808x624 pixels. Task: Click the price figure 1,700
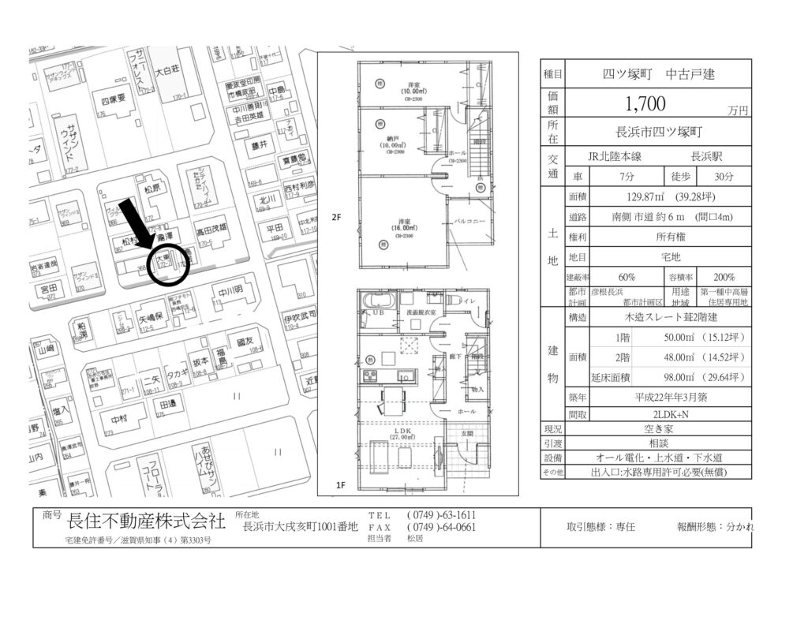click(x=645, y=103)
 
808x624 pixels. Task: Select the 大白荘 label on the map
click(x=167, y=70)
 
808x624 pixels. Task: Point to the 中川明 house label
click(x=231, y=290)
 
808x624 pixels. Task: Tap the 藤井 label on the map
click(x=260, y=145)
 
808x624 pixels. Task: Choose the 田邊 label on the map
click(x=167, y=404)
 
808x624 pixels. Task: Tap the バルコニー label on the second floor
click(x=469, y=222)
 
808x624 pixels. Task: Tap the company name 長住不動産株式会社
click(x=147, y=521)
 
